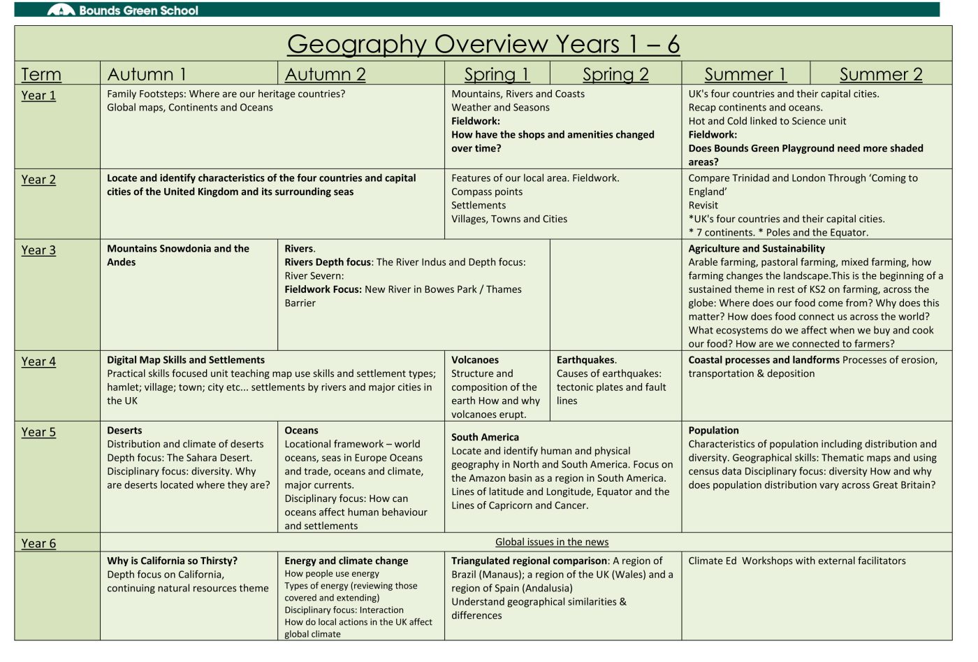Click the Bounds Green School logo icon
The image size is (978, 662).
(x=61, y=10)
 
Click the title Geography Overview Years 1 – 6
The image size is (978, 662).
(x=483, y=44)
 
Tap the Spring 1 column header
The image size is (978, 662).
(x=497, y=74)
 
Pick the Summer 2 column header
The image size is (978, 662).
(x=880, y=74)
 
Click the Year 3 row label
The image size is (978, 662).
(x=38, y=250)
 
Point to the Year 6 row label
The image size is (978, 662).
(x=38, y=543)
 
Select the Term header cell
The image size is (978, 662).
(x=41, y=74)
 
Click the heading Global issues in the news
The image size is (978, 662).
(x=552, y=542)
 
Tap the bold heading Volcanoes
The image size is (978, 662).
(x=475, y=360)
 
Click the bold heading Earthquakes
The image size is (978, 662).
(x=586, y=360)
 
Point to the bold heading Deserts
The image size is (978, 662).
(x=124, y=431)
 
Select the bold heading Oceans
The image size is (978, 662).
(x=301, y=431)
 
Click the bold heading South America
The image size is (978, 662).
(x=484, y=437)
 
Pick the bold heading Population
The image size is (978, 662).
(x=713, y=431)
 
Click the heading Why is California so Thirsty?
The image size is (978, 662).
(x=172, y=561)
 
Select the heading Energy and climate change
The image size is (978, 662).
(x=346, y=561)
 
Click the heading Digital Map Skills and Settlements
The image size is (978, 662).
(x=186, y=360)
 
